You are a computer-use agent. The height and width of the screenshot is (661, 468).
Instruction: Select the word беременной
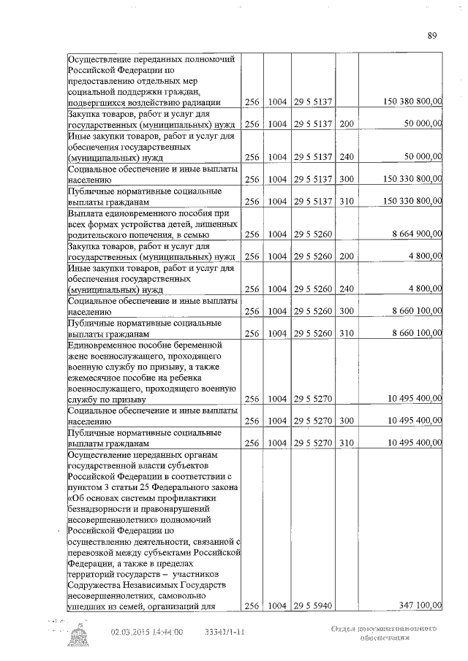tap(196, 344)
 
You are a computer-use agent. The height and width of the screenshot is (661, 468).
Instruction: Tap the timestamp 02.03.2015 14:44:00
tap(146, 632)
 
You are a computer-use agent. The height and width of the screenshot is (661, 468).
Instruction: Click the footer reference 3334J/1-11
tap(224, 632)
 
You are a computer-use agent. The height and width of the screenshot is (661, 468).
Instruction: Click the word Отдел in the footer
tap(343, 630)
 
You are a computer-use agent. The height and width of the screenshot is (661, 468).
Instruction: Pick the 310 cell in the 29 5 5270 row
tap(347, 443)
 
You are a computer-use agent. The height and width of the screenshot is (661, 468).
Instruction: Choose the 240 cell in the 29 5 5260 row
tap(347, 289)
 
